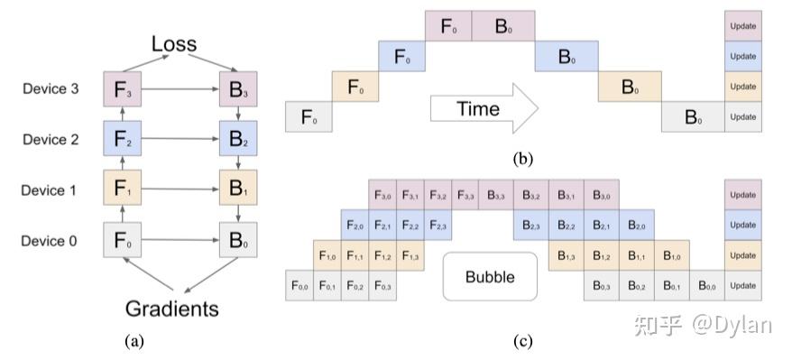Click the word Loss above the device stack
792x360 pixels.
coord(174,44)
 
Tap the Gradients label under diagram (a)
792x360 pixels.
coord(172,309)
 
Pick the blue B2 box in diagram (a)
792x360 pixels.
coord(238,140)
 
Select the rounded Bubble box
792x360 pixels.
coord(490,276)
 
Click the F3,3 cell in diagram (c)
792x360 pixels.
coord(466,194)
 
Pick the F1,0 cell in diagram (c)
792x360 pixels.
coord(328,255)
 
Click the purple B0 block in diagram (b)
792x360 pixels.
coord(502,26)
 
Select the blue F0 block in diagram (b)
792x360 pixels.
coord(401,57)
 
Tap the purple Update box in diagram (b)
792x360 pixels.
coord(742,26)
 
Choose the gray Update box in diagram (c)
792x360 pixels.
coord(742,286)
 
